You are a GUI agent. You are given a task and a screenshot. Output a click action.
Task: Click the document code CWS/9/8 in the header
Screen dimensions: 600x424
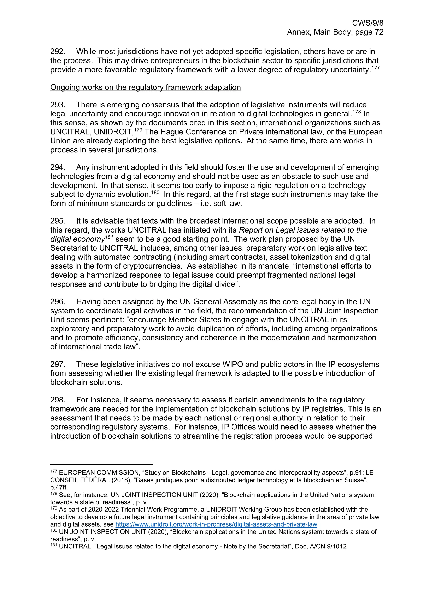367,23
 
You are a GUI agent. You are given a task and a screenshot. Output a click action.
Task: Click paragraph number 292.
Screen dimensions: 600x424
58,52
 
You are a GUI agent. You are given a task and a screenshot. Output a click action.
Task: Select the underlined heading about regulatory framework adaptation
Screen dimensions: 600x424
146,87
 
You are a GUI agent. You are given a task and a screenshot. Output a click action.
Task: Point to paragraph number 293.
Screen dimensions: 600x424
58,105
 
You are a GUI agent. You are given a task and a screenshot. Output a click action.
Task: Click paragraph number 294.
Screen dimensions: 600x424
58,167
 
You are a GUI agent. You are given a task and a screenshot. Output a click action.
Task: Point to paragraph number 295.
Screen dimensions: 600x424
58,221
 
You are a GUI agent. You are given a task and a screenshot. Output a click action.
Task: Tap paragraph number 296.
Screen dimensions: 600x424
58,302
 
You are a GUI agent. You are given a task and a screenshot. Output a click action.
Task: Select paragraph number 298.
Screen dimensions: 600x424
58,400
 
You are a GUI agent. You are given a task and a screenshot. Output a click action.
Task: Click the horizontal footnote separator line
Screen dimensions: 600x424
101,464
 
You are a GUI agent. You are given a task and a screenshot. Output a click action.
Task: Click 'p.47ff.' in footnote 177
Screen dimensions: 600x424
59,487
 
